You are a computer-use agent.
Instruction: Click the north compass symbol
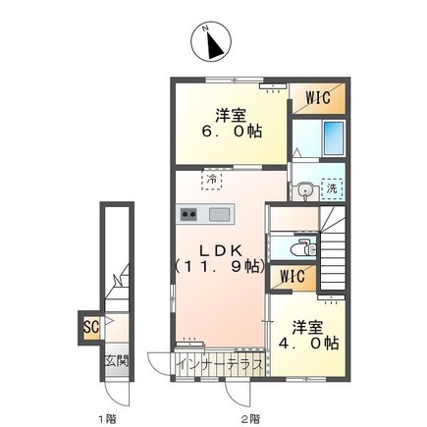[212, 42]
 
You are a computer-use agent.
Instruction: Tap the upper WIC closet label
[316, 98]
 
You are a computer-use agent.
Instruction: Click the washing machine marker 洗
[331, 188]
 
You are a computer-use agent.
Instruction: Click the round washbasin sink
[305, 190]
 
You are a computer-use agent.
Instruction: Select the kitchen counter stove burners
[188, 215]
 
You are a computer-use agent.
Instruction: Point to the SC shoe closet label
[90, 325]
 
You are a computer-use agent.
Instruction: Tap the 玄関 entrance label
[116, 361]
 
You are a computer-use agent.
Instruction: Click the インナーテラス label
[220, 364]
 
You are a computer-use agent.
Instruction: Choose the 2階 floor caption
[252, 418]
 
